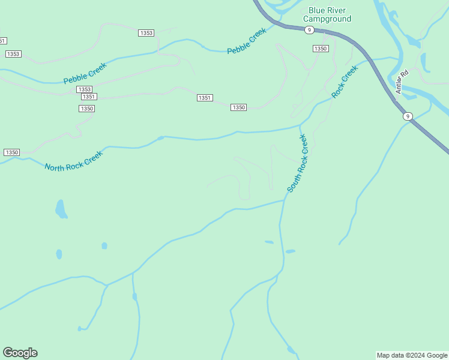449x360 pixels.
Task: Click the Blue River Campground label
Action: click(330, 14)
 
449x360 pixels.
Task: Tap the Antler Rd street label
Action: click(402, 82)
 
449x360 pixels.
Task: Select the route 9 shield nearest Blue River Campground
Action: click(308, 29)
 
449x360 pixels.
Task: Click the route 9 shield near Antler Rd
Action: click(408, 116)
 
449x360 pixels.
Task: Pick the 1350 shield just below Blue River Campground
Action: click(321, 48)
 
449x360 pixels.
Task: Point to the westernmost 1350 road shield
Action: click(12, 152)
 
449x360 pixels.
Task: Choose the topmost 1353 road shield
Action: click(146, 33)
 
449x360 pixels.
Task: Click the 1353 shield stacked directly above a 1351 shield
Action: click(84, 89)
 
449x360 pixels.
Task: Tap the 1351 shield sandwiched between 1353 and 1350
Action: click(88, 97)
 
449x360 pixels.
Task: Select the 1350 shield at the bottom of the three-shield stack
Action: click(86, 109)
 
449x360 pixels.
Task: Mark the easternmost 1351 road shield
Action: click(205, 98)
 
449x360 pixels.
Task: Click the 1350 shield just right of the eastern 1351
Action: click(238, 107)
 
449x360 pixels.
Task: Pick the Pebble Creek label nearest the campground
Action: click(246, 41)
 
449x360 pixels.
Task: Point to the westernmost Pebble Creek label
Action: click(85, 73)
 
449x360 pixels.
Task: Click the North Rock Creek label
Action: click(73, 160)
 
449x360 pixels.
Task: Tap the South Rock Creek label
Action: click(297, 163)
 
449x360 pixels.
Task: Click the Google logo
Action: click(20, 353)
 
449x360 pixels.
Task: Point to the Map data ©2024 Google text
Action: click(412, 355)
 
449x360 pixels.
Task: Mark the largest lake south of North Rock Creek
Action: click(61, 209)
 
